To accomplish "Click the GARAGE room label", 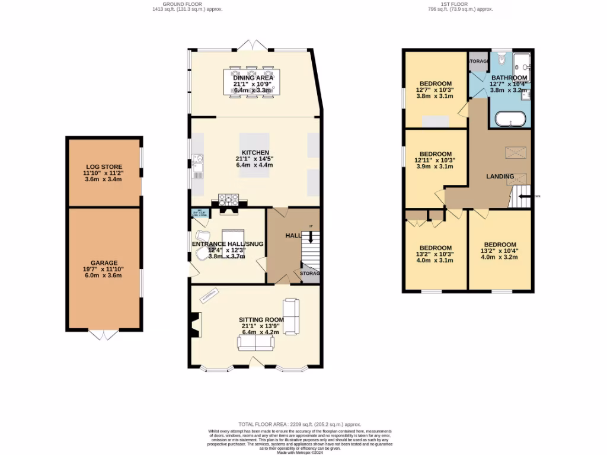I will point(104,263).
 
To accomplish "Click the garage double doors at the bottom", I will point(104,335).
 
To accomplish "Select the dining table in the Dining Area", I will point(253,82).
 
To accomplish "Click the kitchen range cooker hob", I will point(228,199).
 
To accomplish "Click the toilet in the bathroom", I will point(501,59).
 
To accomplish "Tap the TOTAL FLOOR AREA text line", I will point(299,424).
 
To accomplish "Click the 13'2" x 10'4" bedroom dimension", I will point(500,251).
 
